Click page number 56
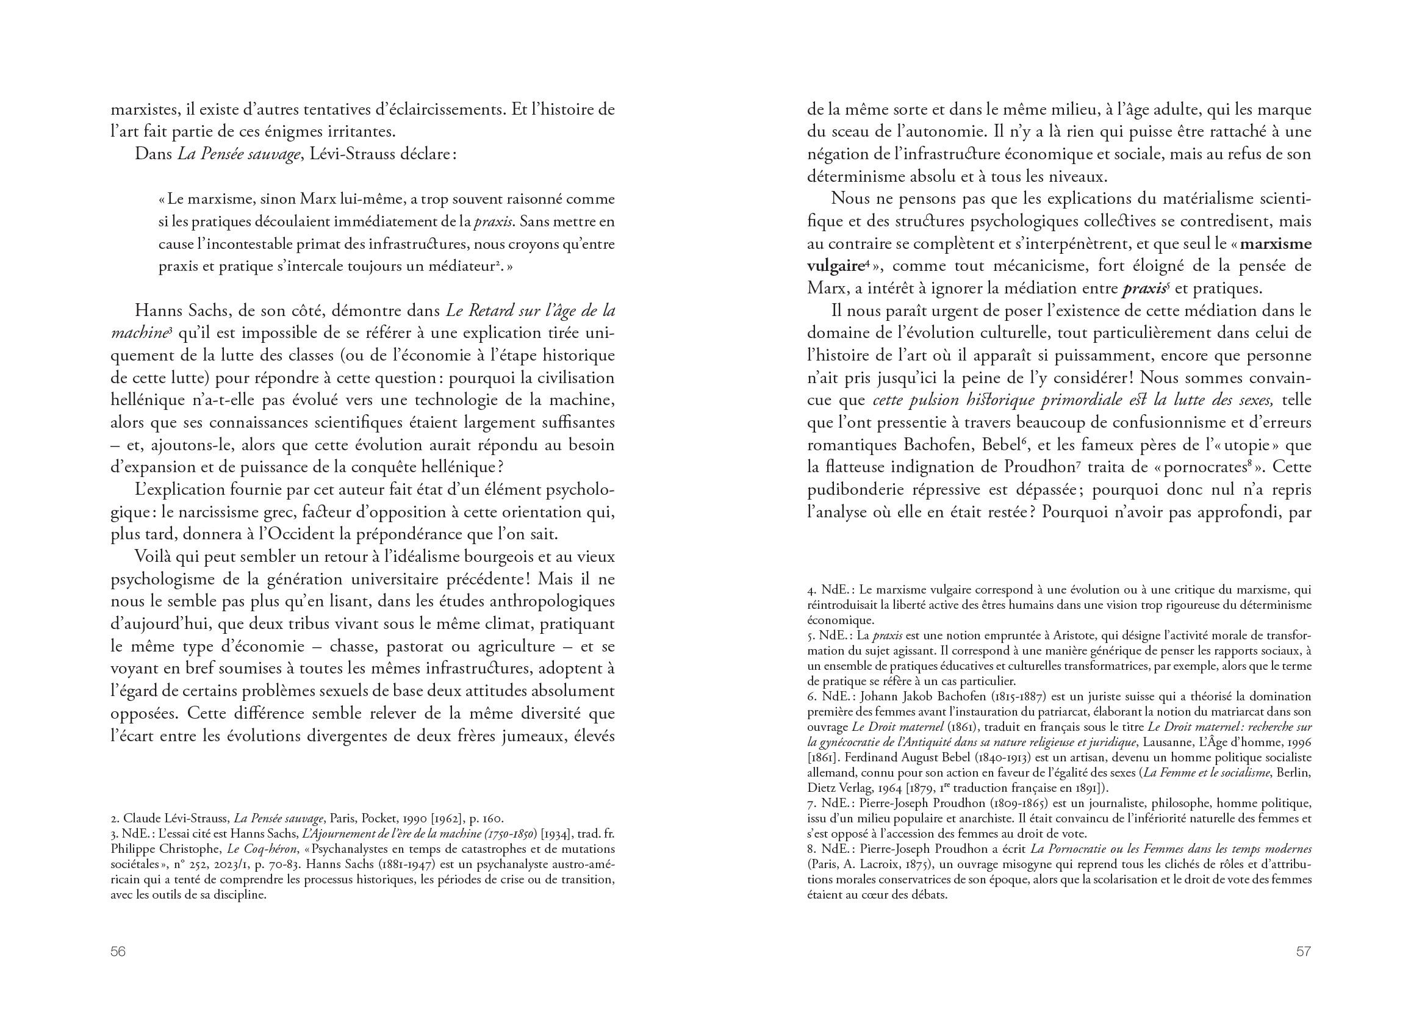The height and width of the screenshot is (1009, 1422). click(117, 951)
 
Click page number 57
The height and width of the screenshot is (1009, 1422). click(1302, 951)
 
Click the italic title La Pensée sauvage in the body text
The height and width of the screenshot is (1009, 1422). click(239, 154)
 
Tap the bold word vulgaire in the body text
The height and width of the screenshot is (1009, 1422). click(835, 266)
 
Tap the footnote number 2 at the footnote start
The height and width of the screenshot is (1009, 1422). click(114, 818)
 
